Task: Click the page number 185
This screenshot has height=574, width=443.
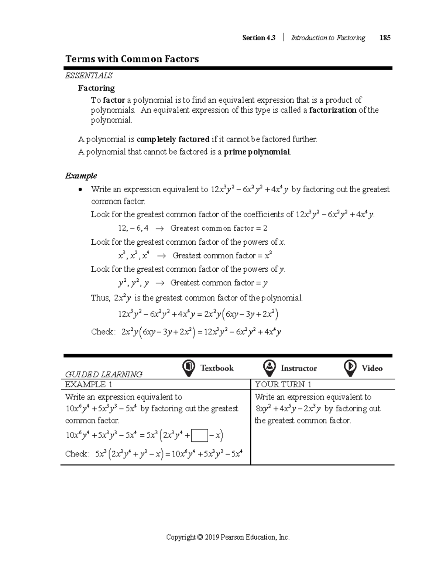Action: tap(385, 38)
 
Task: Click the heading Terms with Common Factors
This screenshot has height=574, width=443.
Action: tap(132, 59)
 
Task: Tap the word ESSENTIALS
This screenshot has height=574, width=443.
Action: tap(89, 76)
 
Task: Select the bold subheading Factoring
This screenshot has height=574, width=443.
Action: tap(96, 88)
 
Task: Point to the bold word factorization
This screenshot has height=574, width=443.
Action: tap(333, 110)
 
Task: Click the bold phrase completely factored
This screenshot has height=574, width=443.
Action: tap(173, 139)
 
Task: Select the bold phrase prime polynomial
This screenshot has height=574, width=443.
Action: tap(257, 152)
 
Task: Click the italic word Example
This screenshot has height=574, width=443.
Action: tap(81, 176)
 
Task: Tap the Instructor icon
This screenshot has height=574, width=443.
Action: tap(269, 368)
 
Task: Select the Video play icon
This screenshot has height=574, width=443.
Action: tap(350, 368)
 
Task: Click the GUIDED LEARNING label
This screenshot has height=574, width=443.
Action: tap(103, 374)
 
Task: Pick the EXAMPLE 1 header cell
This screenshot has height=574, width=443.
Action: tap(89, 384)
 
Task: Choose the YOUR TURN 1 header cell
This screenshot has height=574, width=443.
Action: tap(283, 384)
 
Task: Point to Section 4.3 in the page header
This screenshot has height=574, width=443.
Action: tap(258, 38)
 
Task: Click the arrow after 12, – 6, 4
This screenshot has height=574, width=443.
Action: tap(159, 228)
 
